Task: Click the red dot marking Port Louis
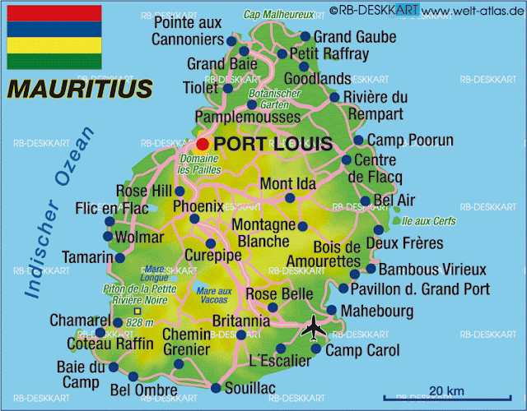[x=203, y=144]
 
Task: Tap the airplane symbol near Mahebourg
[x=313, y=328]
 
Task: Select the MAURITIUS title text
[x=79, y=87]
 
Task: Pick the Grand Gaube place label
[x=355, y=37]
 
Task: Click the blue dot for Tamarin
[x=120, y=258]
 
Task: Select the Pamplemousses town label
[x=246, y=117]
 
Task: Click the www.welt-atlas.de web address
[x=473, y=9]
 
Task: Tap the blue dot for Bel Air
[x=365, y=201]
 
